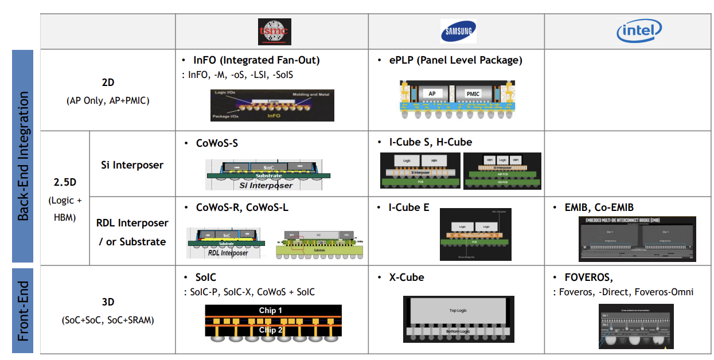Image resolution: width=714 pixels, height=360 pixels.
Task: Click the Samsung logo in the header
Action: [x=458, y=32]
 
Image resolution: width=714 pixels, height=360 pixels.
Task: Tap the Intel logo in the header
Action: [x=639, y=31]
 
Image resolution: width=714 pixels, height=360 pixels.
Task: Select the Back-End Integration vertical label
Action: [x=24, y=155]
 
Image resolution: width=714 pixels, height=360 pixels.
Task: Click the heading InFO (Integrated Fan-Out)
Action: [x=256, y=60]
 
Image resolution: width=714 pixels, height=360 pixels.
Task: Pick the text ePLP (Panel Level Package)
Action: [x=455, y=60]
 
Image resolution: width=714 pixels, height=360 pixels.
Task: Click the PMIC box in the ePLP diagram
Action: [x=473, y=93]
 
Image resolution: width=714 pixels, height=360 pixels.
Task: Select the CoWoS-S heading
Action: [x=216, y=143]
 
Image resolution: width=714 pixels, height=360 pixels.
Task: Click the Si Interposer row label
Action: [x=132, y=165]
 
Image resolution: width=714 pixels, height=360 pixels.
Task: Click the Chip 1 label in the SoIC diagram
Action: [x=270, y=311]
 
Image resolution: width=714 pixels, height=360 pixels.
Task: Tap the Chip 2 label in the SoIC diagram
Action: [x=270, y=330]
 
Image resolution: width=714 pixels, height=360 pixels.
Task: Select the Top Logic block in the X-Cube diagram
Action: [x=457, y=310]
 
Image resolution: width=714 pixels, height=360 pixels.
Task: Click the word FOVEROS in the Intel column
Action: [x=588, y=277]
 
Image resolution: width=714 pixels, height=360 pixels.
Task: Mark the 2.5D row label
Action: [x=64, y=183]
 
